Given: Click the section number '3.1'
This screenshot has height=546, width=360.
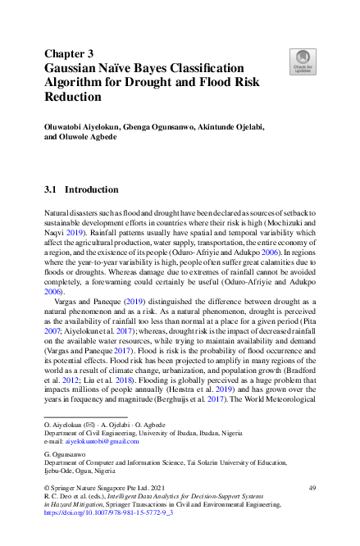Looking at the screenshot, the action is click(x=50, y=189).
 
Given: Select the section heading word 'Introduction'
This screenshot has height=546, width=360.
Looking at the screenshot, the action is click(x=91, y=189).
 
